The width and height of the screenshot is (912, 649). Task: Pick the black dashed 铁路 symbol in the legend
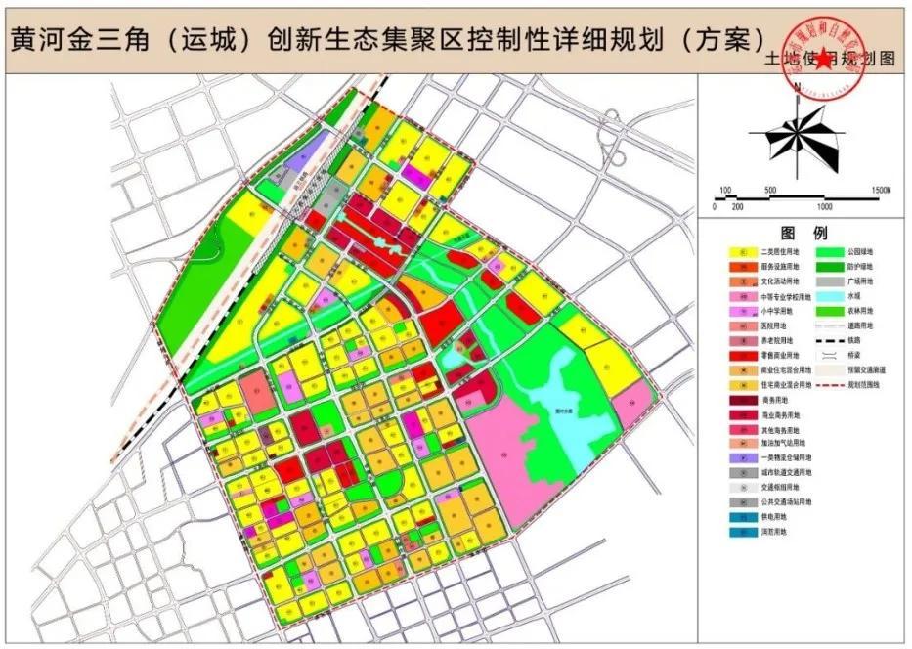pyautogui.click(x=827, y=340)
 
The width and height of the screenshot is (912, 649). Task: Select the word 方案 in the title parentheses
pyautogui.click(x=722, y=39)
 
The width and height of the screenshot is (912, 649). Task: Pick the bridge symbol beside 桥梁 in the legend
pyautogui.click(x=827, y=355)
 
